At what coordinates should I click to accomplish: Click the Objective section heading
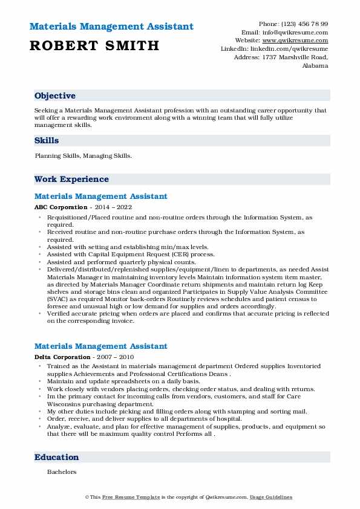[55, 96]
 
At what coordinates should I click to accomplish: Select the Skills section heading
[47, 141]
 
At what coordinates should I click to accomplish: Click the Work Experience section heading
[71, 180]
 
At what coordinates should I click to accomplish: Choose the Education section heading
[56, 458]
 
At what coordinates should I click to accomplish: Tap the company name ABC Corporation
[61, 207]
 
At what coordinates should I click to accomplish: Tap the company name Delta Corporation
[63, 357]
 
